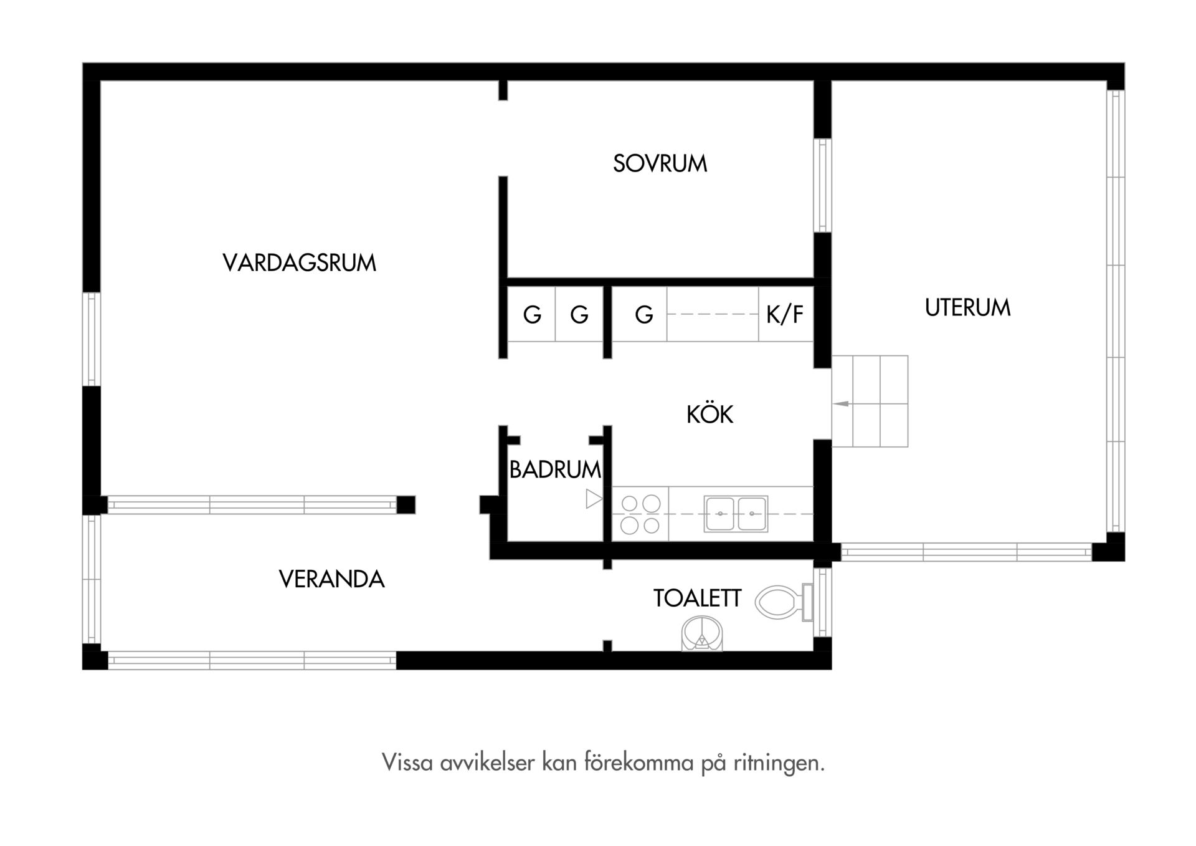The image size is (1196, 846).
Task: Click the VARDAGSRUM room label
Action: [x=299, y=263]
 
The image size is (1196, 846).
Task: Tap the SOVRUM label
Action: [x=660, y=163]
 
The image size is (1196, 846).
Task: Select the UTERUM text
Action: [x=967, y=307]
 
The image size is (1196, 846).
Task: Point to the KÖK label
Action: [x=710, y=414]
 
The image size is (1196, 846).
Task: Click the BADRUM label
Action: [x=555, y=469]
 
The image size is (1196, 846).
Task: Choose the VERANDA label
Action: [x=331, y=579]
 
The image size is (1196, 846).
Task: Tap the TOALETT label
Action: [x=697, y=598]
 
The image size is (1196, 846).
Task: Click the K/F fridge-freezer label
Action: [x=785, y=315]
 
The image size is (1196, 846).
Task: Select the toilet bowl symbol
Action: [x=784, y=602]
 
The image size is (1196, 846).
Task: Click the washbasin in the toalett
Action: [x=703, y=633]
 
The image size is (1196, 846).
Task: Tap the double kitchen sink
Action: [x=736, y=514]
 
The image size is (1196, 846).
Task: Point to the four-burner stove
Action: [x=640, y=514]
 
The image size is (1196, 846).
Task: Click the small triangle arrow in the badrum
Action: [x=594, y=499]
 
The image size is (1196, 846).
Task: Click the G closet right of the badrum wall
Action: [x=644, y=315]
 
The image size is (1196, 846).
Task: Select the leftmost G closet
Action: [x=532, y=315]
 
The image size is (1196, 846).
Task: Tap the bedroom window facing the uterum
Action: [x=823, y=185]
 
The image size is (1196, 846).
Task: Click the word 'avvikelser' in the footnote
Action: [x=487, y=762]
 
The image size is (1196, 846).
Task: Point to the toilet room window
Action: [x=823, y=602]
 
